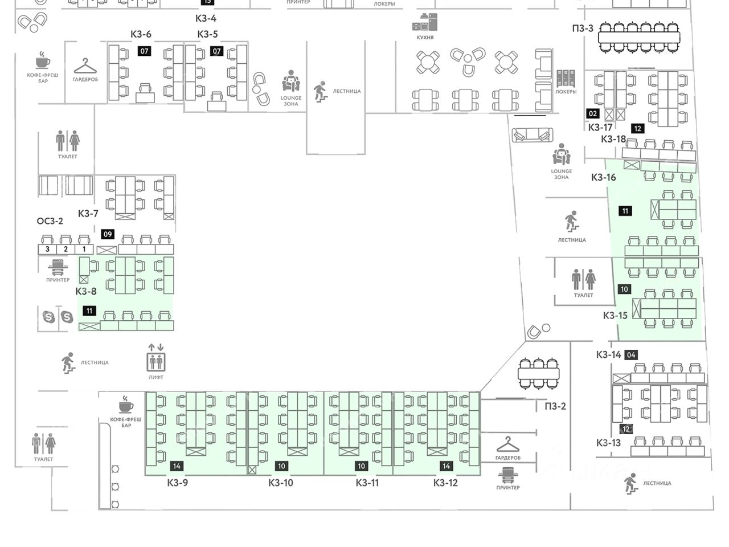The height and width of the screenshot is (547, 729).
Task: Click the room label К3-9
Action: [x=178, y=483]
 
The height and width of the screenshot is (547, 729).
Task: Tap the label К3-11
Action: [x=367, y=483]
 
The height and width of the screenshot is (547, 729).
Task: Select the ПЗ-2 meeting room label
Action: [x=555, y=406]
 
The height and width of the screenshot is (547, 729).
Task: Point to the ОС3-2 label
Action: [x=50, y=221]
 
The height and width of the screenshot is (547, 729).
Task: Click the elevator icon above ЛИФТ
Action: [x=155, y=361]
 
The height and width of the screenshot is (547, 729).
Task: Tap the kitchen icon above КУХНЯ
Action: [x=425, y=23]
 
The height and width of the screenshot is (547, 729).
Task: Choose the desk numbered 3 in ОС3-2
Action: [x=48, y=249]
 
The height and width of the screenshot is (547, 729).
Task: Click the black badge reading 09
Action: [x=108, y=234]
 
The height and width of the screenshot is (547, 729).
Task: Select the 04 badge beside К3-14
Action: [x=631, y=355]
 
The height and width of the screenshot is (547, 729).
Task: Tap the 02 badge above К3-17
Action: [x=593, y=113]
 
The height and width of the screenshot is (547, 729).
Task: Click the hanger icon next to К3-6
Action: [x=85, y=67]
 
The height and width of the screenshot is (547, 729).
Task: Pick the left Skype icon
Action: [x=49, y=317]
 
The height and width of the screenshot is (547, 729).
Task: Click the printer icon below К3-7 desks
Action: [x=58, y=267]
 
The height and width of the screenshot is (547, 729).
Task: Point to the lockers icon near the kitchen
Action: [x=566, y=79]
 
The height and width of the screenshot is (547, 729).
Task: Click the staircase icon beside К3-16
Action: [x=571, y=221]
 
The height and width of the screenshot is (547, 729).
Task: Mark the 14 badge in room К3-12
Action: [x=446, y=466]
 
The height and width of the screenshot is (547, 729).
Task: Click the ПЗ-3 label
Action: [x=583, y=28]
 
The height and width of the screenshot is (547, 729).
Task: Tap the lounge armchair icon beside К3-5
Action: [x=291, y=81]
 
